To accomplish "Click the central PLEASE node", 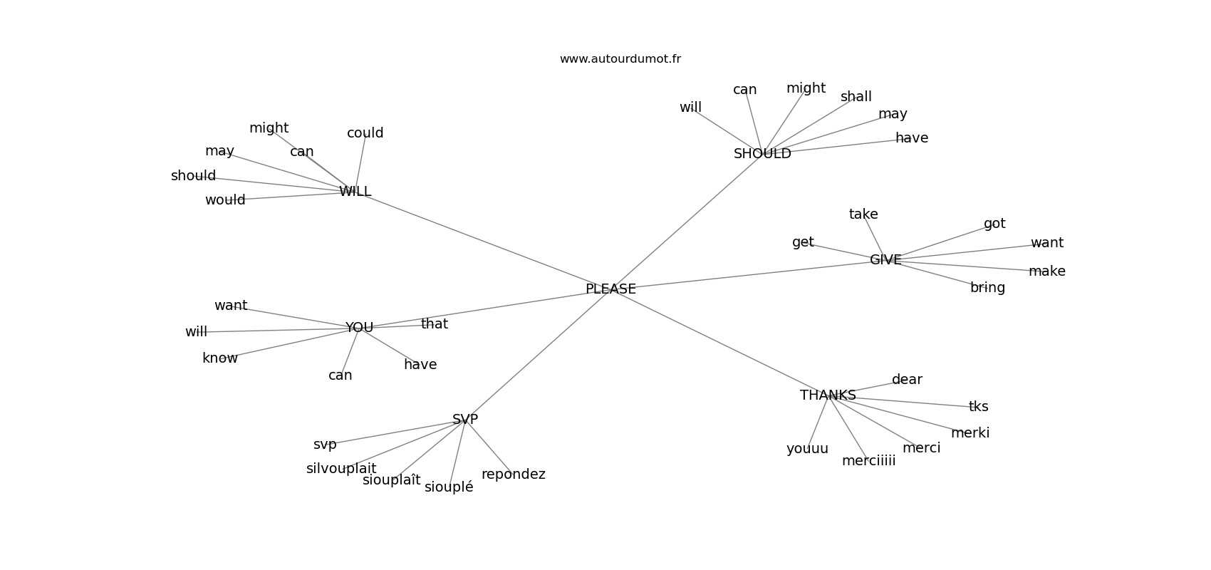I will pyautogui.click(x=610, y=289).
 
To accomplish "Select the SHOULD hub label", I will pyautogui.click(x=762, y=154).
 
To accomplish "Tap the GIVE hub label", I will pyautogui.click(x=885, y=260).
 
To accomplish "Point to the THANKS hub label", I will pyautogui.click(x=828, y=395).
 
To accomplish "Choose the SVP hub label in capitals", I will pyautogui.click(x=465, y=420).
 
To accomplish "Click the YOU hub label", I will pyautogui.click(x=359, y=328).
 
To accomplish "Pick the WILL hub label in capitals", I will pyautogui.click(x=355, y=192).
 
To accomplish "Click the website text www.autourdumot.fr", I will pyautogui.click(x=620, y=59).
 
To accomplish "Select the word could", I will pyautogui.click(x=365, y=133).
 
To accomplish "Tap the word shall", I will pyautogui.click(x=856, y=97).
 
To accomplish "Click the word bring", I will pyautogui.click(x=987, y=288).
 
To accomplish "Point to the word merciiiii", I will pyautogui.click(x=868, y=461).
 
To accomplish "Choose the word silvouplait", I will pyautogui.click(x=341, y=469).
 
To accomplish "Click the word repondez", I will pyautogui.click(x=513, y=475).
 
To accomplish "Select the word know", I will pyautogui.click(x=220, y=358).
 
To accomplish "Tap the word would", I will pyautogui.click(x=225, y=200).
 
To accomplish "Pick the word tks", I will pyautogui.click(x=978, y=407).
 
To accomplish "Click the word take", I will pyautogui.click(x=863, y=214).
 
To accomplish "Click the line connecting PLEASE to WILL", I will pyautogui.click(x=484, y=241).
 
